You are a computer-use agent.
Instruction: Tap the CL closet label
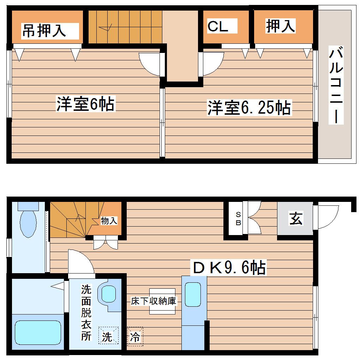[x=218, y=27]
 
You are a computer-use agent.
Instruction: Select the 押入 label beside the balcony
[x=280, y=26]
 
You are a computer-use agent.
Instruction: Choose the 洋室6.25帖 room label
[x=249, y=107]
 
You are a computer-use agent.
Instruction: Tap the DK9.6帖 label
[x=228, y=268]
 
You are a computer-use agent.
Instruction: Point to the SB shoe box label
[x=239, y=218]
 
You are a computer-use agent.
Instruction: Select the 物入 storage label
[x=109, y=221]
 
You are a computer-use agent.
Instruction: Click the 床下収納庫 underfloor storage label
[x=154, y=301]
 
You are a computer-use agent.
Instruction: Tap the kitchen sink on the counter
[x=194, y=294]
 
